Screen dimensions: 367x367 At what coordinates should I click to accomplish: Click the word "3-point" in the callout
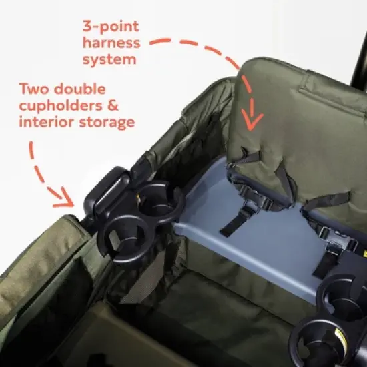(x=111, y=27)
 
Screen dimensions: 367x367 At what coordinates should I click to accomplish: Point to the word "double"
(x=87, y=89)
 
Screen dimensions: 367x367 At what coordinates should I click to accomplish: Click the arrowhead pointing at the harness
(x=251, y=121)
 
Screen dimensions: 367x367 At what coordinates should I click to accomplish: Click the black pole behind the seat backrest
(x=358, y=40)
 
